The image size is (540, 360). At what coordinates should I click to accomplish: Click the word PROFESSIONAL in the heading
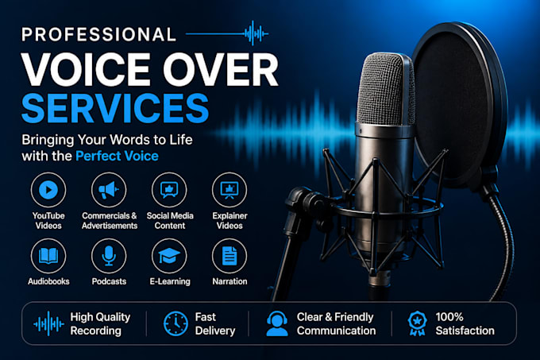(98, 34)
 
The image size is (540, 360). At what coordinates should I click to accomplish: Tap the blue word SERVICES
(115, 108)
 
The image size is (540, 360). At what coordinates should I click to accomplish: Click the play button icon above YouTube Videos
(48, 190)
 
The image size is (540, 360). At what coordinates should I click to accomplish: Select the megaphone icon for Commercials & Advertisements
(109, 190)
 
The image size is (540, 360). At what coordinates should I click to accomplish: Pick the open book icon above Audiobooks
(48, 256)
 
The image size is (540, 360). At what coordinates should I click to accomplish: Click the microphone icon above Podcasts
(109, 256)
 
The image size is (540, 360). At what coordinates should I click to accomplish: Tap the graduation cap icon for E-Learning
(169, 256)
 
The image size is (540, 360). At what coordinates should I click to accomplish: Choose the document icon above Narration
(229, 256)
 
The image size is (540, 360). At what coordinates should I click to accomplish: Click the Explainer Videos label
(229, 220)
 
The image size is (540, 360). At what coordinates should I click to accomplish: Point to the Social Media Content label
(170, 220)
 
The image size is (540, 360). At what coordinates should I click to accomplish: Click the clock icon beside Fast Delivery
(175, 323)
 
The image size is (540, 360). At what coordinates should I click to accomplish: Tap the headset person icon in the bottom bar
(277, 323)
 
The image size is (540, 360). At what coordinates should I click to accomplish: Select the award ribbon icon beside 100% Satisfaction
(417, 323)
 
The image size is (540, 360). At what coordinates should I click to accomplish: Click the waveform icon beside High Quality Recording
(48, 323)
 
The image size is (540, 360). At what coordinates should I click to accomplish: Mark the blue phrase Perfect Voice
(117, 156)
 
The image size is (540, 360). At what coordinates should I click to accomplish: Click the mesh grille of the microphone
(386, 90)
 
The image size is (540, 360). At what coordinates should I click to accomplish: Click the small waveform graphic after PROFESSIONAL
(256, 33)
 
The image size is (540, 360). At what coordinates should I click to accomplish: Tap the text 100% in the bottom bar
(449, 317)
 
